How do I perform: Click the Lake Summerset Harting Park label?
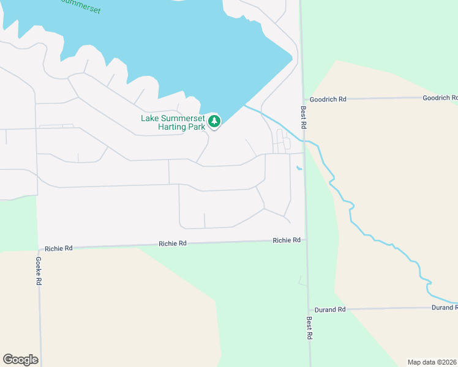coord(174,122)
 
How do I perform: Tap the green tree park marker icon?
coord(214,121)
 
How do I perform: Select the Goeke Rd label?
coord(38,270)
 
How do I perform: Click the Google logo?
coord(20,360)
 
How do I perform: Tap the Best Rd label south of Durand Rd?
coord(310,327)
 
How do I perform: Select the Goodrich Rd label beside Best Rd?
coord(328,99)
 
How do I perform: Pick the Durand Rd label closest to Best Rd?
coord(330,310)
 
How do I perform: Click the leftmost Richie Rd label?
coord(59,248)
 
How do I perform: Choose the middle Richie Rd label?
coord(173,243)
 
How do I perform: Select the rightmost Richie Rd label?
coord(287,240)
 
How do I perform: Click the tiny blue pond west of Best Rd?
coord(299,168)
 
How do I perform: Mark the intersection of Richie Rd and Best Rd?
coord(306,240)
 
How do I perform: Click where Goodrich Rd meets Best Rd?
coord(302,99)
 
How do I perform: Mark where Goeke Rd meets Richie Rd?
coord(38,250)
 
